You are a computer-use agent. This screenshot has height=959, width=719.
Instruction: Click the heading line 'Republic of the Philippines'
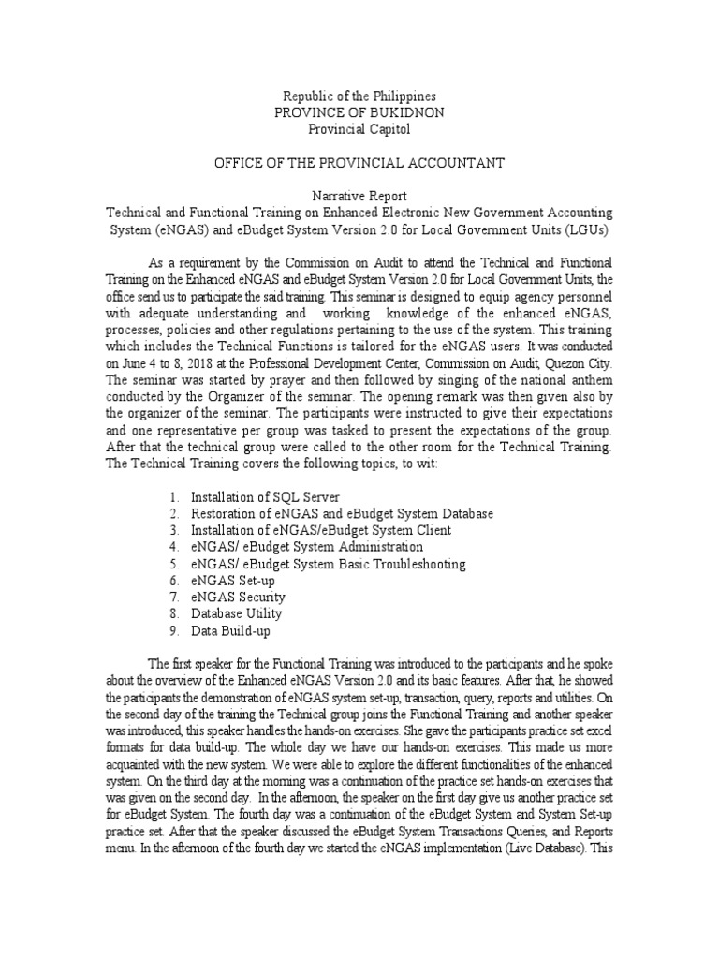pos(359,96)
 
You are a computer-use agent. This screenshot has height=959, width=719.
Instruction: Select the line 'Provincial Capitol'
pos(359,129)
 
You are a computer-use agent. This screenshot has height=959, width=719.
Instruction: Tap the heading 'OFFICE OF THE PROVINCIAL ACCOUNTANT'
pos(359,163)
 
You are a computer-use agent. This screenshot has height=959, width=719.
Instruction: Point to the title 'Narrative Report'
pos(359,197)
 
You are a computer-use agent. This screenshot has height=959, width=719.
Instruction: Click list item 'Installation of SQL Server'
pos(265,496)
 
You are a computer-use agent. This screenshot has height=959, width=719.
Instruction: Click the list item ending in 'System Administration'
pos(306,547)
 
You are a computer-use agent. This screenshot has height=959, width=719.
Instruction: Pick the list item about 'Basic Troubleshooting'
pos(328,564)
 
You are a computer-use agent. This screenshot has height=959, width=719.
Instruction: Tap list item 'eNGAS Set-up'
pos(232,581)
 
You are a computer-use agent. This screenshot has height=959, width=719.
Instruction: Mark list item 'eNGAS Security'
pos(238,598)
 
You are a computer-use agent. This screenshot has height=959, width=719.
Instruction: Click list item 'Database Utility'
pos(236,614)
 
